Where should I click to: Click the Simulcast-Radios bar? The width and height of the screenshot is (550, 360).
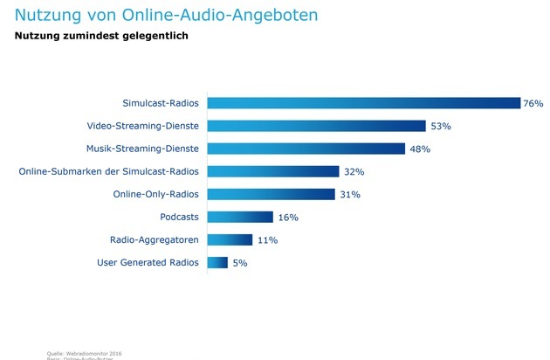362,103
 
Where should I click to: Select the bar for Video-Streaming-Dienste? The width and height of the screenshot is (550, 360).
316,126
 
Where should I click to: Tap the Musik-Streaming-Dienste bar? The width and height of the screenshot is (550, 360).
306,149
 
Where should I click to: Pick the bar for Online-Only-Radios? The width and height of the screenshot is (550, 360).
270,194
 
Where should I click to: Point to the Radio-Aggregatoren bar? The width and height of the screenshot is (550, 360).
229,239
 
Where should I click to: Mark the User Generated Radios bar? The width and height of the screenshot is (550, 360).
217,262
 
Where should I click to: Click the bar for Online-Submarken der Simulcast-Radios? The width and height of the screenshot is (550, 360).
272,171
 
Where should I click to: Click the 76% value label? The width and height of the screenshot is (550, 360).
533,103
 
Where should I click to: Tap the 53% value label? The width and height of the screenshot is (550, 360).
440,126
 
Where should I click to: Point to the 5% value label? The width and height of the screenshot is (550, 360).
240,262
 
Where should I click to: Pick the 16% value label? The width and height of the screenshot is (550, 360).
288,217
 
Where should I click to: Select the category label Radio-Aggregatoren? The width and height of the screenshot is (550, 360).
155,239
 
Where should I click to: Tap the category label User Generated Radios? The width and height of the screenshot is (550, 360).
148,262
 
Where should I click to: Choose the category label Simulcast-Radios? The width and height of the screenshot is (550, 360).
161,103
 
